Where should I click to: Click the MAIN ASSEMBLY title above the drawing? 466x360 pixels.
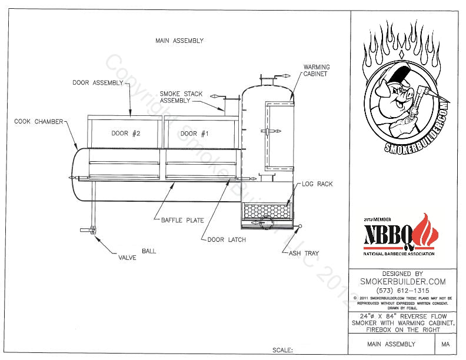tap(179, 41)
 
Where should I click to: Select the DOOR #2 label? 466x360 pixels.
tap(125, 134)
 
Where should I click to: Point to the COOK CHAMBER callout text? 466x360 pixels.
tap(39, 122)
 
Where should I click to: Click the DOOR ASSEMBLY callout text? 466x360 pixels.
tap(97, 83)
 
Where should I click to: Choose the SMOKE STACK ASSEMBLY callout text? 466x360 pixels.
tap(175, 97)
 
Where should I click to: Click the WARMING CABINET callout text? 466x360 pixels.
tap(316, 71)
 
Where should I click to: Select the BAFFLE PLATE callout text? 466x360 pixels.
tap(182, 221)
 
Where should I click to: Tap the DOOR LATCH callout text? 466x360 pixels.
tap(227, 240)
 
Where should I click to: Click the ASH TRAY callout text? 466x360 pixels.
tap(303, 254)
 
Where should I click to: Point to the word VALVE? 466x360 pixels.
tap(128, 257)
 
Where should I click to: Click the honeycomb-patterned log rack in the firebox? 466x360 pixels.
tap(267, 211)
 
